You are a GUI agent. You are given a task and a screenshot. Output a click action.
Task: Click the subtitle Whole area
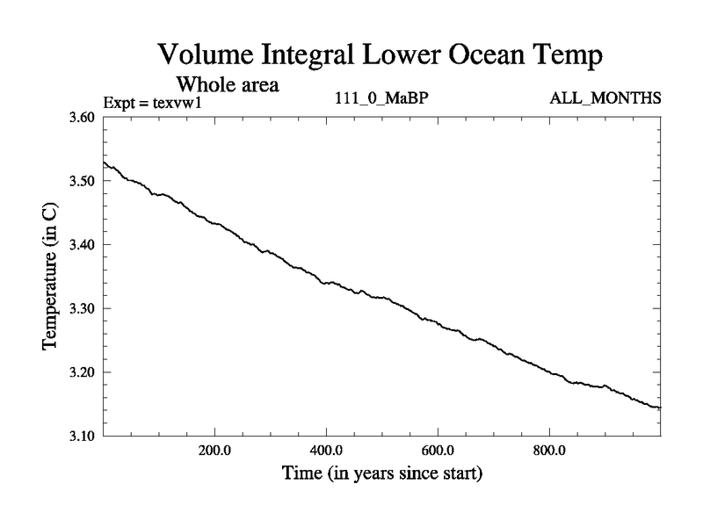[x=228, y=85]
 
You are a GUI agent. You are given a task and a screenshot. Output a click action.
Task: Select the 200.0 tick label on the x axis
[x=214, y=451]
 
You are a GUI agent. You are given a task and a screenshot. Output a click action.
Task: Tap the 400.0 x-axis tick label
[x=326, y=451]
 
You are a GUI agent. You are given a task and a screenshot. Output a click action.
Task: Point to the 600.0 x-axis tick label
[x=438, y=451]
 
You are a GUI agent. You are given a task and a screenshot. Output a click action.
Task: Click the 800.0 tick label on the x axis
[x=549, y=451]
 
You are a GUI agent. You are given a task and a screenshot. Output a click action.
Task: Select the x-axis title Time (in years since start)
[x=381, y=474]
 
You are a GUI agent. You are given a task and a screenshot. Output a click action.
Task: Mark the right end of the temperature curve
[x=659, y=408]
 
